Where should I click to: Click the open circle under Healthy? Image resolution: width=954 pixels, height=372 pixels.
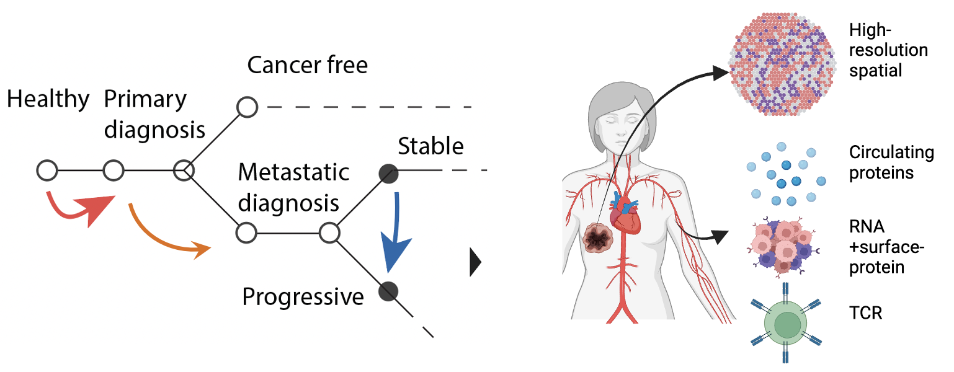pyautogui.click(x=47, y=169)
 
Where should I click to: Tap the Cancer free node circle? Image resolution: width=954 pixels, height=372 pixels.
pyautogui.click(x=247, y=107)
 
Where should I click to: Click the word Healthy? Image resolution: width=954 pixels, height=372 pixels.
pyautogui.click(x=48, y=100)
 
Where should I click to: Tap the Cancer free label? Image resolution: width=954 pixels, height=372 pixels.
pyautogui.click(x=307, y=64)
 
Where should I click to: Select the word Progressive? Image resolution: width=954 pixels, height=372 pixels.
pyautogui.click(x=303, y=297)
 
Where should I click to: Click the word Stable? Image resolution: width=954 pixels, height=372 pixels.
pyautogui.click(x=430, y=147)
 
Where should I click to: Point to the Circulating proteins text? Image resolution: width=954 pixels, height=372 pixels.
pyautogui.click(x=891, y=162)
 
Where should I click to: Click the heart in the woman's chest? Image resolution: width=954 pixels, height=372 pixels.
pyautogui.click(x=625, y=217)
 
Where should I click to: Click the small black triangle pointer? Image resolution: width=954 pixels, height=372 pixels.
pyautogui.click(x=476, y=263)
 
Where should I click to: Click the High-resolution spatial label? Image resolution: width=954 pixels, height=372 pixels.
pyautogui.click(x=888, y=50)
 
